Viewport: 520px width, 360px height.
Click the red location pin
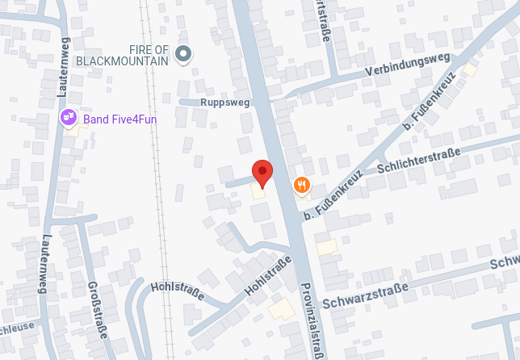pos(262,173)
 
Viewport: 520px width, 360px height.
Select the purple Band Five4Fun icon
pos(69,119)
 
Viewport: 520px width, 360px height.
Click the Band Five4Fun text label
pos(120,119)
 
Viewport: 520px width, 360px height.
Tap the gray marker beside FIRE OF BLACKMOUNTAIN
pos(184,54)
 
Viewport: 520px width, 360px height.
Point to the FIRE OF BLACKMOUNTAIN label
pos(123,55)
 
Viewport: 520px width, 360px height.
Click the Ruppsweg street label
pos(225,103)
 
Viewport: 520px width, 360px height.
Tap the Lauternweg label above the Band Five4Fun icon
pos(64,67)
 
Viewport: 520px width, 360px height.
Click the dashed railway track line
pos(158,202)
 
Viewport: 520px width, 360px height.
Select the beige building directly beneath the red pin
pos(259,191)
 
